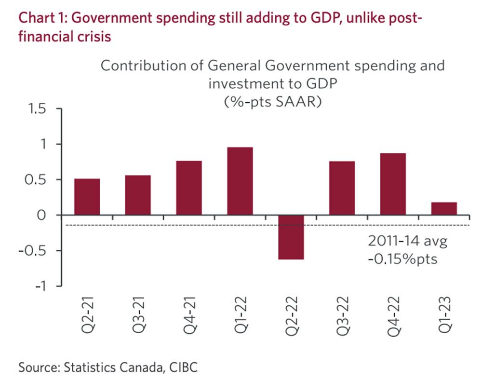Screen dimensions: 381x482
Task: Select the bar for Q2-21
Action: click(x=87, y=197)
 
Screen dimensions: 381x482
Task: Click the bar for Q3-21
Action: click(x=138, y=195)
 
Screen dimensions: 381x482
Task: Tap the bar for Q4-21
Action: click(x=189, y=188)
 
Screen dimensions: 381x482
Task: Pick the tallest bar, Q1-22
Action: click(x=240, y=181)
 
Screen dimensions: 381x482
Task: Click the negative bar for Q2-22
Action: click(x=291, y=237)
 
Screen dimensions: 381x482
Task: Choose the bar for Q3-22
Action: click(x=342, y=188)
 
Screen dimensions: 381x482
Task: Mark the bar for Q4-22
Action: click(x=393, y=184)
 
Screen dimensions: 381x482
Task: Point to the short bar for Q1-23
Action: click(x=444, y=208)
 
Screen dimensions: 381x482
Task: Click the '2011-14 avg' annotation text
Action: click(x=408, y=241)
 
